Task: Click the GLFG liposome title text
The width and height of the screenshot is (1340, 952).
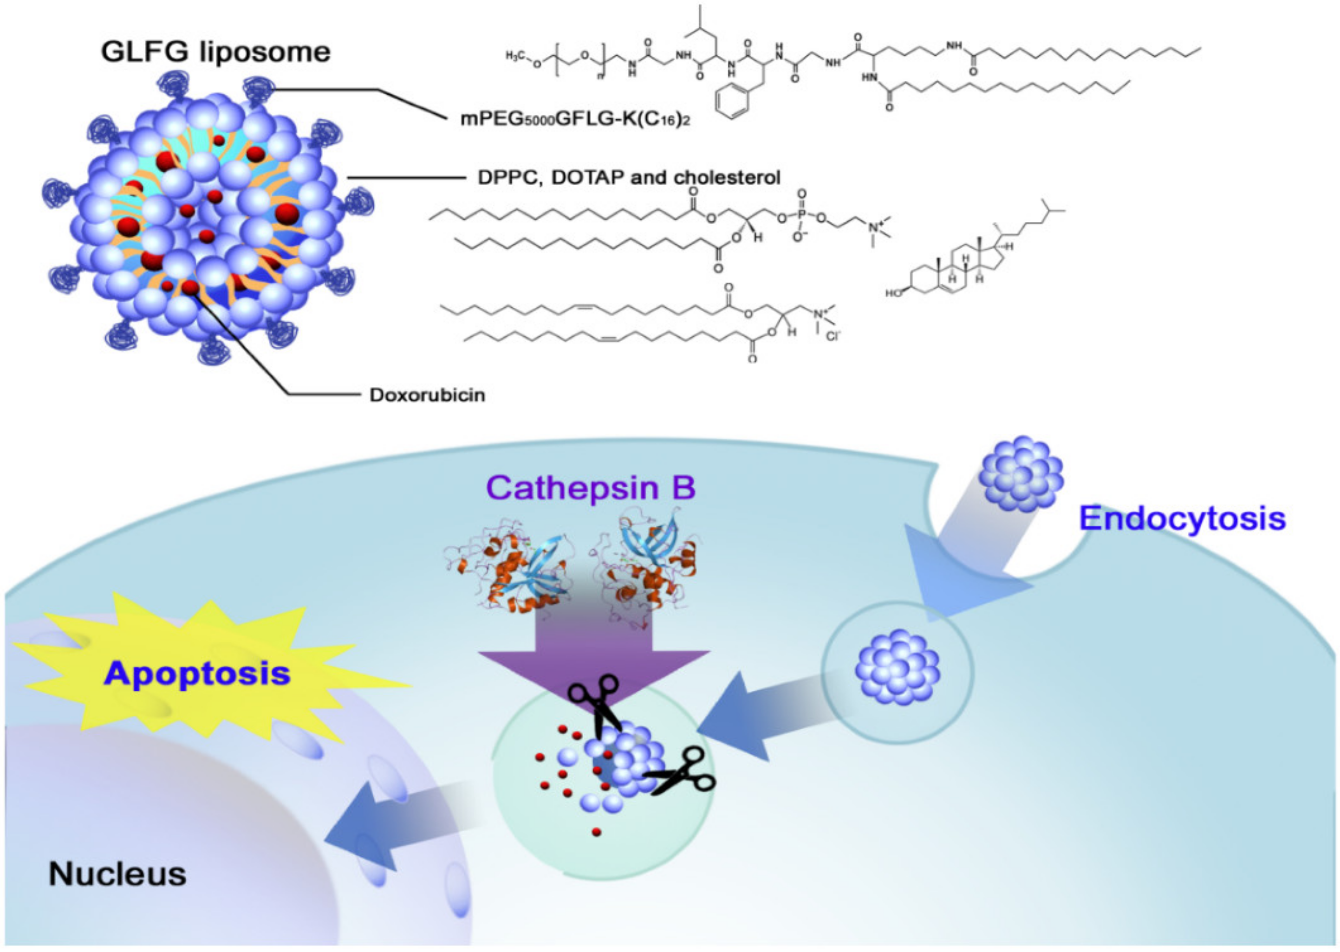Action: [x=215, y=52]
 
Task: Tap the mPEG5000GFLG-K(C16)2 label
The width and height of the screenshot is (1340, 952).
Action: [x=575, y=120]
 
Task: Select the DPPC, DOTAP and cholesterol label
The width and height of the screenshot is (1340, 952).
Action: [x=629, y=177]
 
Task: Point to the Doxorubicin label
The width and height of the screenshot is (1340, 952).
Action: [x=427, y=395]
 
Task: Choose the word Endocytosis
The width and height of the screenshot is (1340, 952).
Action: [x=1182, y=518]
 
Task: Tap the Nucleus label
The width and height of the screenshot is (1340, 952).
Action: [x=117, y=874]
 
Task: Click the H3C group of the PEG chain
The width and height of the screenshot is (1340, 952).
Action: [x=515, y=56]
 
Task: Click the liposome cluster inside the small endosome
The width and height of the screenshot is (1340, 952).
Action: [x=897, y=667]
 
